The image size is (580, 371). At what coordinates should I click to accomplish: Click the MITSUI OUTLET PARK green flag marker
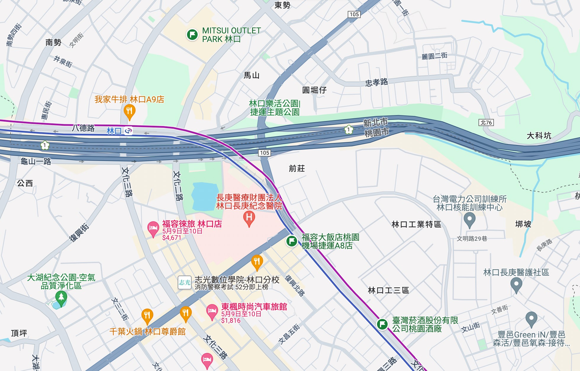[x=192, y=35]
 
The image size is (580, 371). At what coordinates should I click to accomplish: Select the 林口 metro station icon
[x=128, y=130]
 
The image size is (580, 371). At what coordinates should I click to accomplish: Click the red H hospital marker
[x=249, y=218]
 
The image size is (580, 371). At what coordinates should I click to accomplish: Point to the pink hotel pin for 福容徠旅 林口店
[x=153, y=228]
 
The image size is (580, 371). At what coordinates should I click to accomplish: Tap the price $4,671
[x=172, y=238]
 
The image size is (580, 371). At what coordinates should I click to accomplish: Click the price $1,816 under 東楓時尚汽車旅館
[x=231, y=320]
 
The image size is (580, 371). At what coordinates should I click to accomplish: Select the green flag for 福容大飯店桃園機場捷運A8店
[x=291, y=241]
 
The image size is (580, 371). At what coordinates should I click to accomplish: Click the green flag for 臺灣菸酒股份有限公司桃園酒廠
[x=382, y=324]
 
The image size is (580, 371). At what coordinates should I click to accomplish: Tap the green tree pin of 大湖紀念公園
[x=61, y=297]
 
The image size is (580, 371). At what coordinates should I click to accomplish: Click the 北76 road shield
[x=486, y=122]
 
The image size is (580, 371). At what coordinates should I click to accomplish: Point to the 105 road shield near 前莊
[x=264, y=153]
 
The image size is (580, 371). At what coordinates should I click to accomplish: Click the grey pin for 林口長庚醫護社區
[x=516, y=285]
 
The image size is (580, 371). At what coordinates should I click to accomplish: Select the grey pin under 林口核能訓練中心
[x=469, y=220]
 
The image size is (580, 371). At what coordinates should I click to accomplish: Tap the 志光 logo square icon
[x=184, y=283]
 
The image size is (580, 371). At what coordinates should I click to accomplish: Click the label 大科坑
[x=539, y=136]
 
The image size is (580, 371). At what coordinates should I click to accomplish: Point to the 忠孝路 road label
[x=376, y=82]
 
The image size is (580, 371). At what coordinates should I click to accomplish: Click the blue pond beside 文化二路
[x=205, y=196]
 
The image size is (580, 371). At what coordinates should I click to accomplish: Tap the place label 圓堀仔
[x=314, y=90]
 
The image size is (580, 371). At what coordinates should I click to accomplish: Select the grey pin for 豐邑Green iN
[x=531, y=319]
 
